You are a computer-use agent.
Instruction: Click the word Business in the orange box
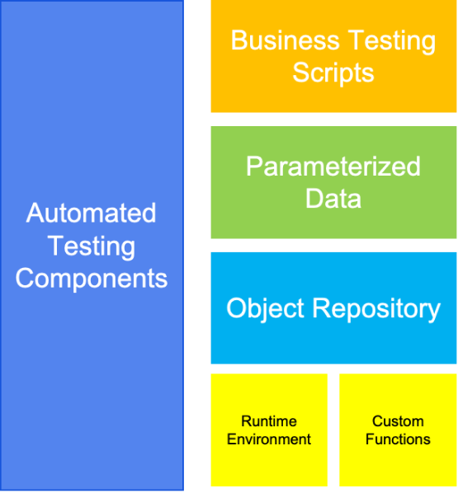click(x=286, y=40)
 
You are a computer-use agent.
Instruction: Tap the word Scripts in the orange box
click(x=333, y=73)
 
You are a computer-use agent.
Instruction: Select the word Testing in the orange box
click(x=392, y=42)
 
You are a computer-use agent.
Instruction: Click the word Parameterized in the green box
click(x=333, y=166)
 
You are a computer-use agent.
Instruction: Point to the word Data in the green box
click(x=333, y=199)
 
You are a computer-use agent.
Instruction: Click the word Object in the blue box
click(x=265, y=310)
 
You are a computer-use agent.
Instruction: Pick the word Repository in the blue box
click(x=376, y=310)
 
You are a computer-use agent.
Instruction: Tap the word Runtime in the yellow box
click(x=269, y=421)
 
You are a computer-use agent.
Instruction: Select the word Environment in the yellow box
click(x=269, y=439)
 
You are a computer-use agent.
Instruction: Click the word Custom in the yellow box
click(x=398, y=421)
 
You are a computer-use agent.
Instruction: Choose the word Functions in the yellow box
click(x=398, y=439)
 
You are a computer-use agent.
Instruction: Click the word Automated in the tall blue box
click(x=92, y=213)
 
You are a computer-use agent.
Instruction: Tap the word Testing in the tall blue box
click(x=92, y=246)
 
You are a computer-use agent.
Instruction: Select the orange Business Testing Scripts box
click(x=333, y=56)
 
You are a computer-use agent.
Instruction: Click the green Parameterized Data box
click(x=333, y=182)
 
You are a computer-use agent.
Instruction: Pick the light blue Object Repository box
click(x=333, y=308)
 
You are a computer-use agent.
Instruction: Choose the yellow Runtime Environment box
click(x=269, y=430)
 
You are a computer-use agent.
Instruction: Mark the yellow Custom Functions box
click(x=398, y=430)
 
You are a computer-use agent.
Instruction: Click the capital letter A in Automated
click(x=35, y=213)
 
